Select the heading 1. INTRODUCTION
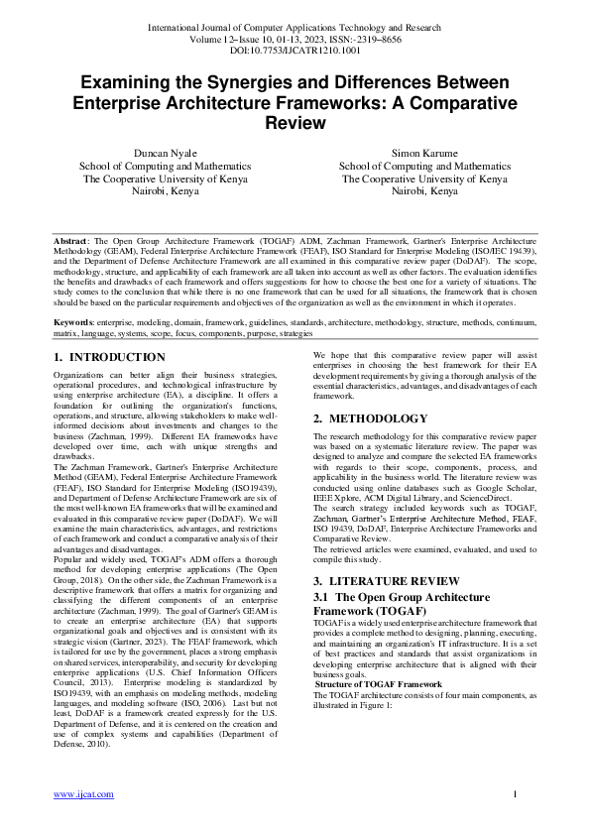tap(109, 357)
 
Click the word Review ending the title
tap(295, 124)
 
